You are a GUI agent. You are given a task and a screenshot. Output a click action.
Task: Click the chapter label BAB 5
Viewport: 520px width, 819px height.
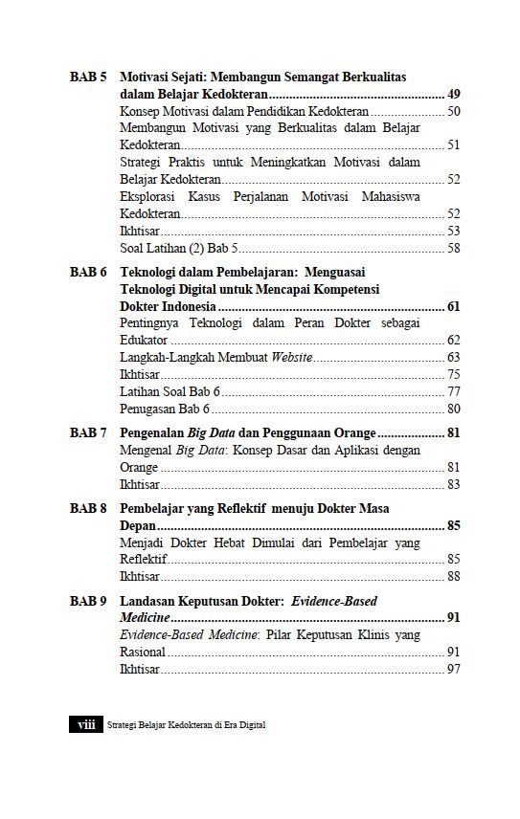pos(87,77)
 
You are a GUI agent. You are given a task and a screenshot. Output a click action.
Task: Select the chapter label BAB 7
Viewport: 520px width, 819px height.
pos(87,432)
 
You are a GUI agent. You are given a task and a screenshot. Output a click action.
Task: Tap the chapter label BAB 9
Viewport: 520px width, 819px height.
pos(87,602)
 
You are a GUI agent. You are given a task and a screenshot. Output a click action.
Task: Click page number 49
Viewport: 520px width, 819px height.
pos(454,94)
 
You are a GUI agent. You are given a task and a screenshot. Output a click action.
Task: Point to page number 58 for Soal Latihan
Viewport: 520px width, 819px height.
pos(454,249)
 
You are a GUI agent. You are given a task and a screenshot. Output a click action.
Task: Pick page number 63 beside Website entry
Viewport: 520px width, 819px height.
pos(454,358)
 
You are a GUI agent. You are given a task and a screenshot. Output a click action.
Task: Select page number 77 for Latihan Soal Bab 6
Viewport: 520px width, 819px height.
pos(454,392)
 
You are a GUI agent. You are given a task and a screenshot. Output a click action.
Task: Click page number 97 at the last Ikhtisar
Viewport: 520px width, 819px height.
pos(454,669)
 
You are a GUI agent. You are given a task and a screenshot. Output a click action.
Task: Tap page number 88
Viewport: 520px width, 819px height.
pos(454,577)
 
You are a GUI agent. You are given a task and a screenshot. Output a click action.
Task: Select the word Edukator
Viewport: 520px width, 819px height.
pos(144,341)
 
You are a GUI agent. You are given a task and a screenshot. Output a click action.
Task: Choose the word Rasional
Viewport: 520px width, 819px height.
pos(143,652)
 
